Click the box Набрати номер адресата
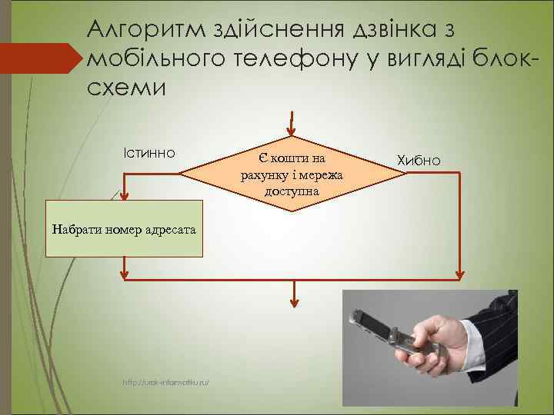[x=126, y=228]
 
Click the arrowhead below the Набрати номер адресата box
[x=126, y=271]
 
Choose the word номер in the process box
[x=122, y=228]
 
